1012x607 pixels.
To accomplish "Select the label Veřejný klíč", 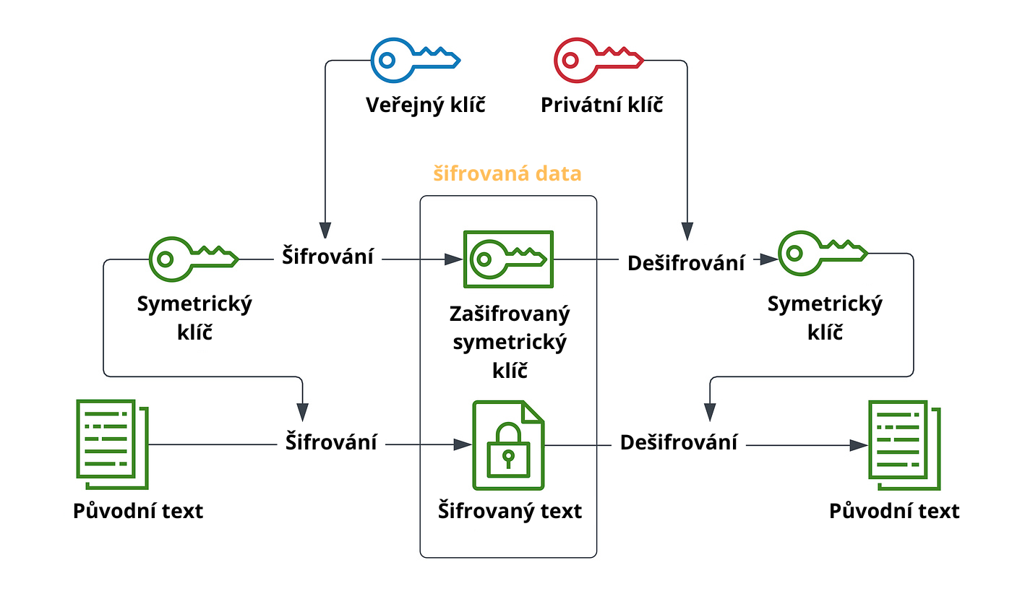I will tap(425, 106).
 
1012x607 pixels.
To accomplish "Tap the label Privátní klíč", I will tap(602, 106).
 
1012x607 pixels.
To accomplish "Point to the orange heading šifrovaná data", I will tap(507, 174).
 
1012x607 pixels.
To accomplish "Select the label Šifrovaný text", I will tap(510, 512).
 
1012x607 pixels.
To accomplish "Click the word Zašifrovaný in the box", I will tap(510, 314).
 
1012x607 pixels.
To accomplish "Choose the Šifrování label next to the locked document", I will tap(330, 442).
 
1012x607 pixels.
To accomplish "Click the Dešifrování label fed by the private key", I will tap(685, 263).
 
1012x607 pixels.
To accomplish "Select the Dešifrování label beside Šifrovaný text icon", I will tap(679, 442).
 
